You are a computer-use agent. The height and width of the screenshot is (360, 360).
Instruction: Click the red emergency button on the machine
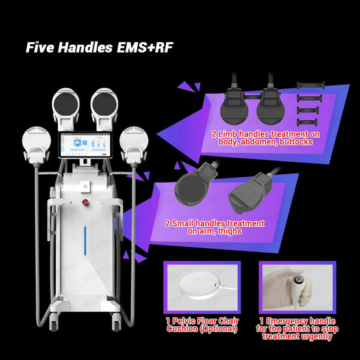tap(85, 202)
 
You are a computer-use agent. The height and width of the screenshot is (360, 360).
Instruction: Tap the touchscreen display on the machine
tap(85, 145)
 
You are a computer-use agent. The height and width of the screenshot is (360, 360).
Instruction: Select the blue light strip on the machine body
tap(85, 240)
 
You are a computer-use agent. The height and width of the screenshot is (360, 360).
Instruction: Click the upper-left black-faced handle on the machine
tap(66, 109)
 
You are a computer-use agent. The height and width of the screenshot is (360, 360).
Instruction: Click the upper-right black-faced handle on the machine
tap(105, 109)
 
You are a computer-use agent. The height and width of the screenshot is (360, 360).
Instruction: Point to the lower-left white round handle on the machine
tap(36, 144)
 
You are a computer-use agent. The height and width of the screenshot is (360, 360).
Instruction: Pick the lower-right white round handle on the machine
tap(134, 144)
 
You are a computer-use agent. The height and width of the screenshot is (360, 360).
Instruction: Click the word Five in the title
tap(40, 47)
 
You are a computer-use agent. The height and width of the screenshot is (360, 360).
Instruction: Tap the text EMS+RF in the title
tap(145, 47)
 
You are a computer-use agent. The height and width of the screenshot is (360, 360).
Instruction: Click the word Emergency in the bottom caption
tap(301, 321)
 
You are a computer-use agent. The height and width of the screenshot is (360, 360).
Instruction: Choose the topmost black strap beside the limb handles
tap(311, 85)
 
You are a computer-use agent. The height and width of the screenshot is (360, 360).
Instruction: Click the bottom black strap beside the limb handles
tap(307, 122)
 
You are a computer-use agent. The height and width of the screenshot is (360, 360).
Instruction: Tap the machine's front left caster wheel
tap(54, 323)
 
